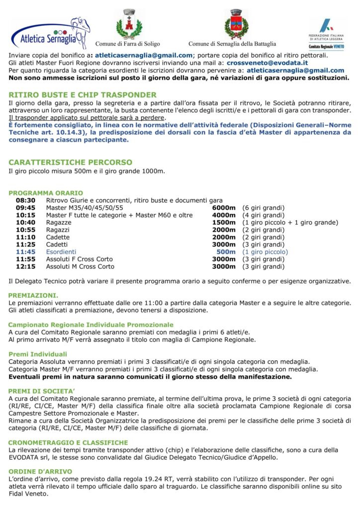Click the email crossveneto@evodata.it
point(267,63)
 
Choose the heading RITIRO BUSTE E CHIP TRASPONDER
point(83,95)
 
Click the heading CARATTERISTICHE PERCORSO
point(71,163)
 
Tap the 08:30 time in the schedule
point(26,200)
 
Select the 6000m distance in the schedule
point(224,208)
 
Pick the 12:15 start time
point(26,267)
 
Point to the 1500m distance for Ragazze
point(224,223)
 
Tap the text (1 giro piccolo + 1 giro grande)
point(290,223)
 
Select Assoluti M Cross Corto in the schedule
point(80,267)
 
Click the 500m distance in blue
point(226,252)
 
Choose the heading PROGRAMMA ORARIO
point(46,193)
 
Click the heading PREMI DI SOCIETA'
point(42,391)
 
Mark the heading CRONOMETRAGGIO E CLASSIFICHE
point(68,442)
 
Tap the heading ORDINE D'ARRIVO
point(40,471)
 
